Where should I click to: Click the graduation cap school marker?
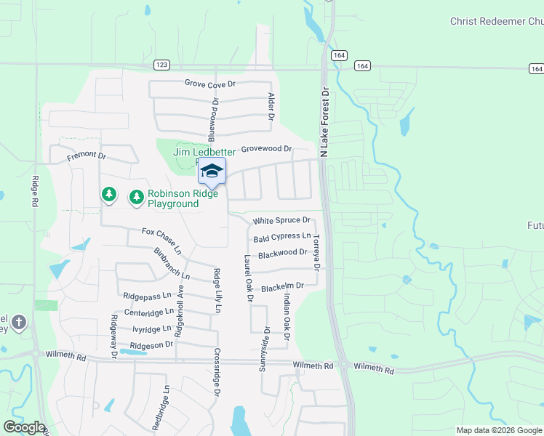click(x=212, y=171)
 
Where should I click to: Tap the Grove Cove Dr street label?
click(x=210, y=84)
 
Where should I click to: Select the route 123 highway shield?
click(x=162, y=65)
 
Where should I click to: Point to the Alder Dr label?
click(x=271, y=106)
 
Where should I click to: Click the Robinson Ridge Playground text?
click(x=173, y=198)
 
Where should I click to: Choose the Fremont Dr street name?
click(x=87, y=156)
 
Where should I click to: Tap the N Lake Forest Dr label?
click(x=325, y=123)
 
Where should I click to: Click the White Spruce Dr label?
click(x=281, y=220)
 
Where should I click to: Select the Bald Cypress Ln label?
click(x=282, y=237)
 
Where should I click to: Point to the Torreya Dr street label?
click(x=316, y=251)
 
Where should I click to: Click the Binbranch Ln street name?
click(x=172, y=265)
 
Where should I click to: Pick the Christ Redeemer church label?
click(x=497, y=22)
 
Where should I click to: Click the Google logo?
click(x=24, y=427)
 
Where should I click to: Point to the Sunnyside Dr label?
click(x=265, y=349)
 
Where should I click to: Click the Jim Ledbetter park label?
click(x=204, y=152)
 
